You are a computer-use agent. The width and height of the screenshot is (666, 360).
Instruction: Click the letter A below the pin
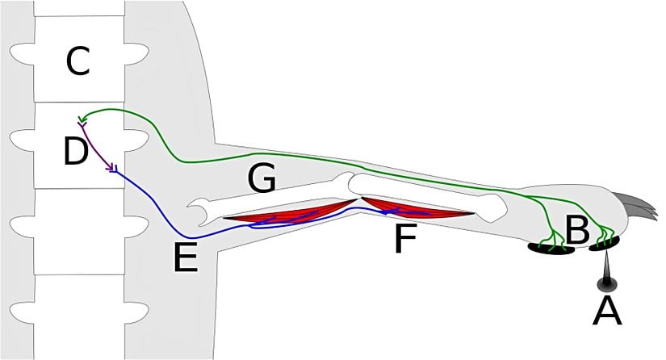[607, 310]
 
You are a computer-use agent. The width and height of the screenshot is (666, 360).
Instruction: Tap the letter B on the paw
[576, 231]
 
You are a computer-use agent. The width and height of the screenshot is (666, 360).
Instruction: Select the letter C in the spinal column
[77, 62]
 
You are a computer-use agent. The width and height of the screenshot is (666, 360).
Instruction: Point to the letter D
[75, 151]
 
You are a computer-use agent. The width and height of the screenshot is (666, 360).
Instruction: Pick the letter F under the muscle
[406, 240]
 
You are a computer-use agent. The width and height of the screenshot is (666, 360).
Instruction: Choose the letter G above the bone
[262, 179]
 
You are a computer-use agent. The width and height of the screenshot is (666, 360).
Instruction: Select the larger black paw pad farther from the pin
[551, 248]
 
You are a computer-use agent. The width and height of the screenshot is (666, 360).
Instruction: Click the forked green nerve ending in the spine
[82, 121]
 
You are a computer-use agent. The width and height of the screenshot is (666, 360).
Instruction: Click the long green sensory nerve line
[323, 157]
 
